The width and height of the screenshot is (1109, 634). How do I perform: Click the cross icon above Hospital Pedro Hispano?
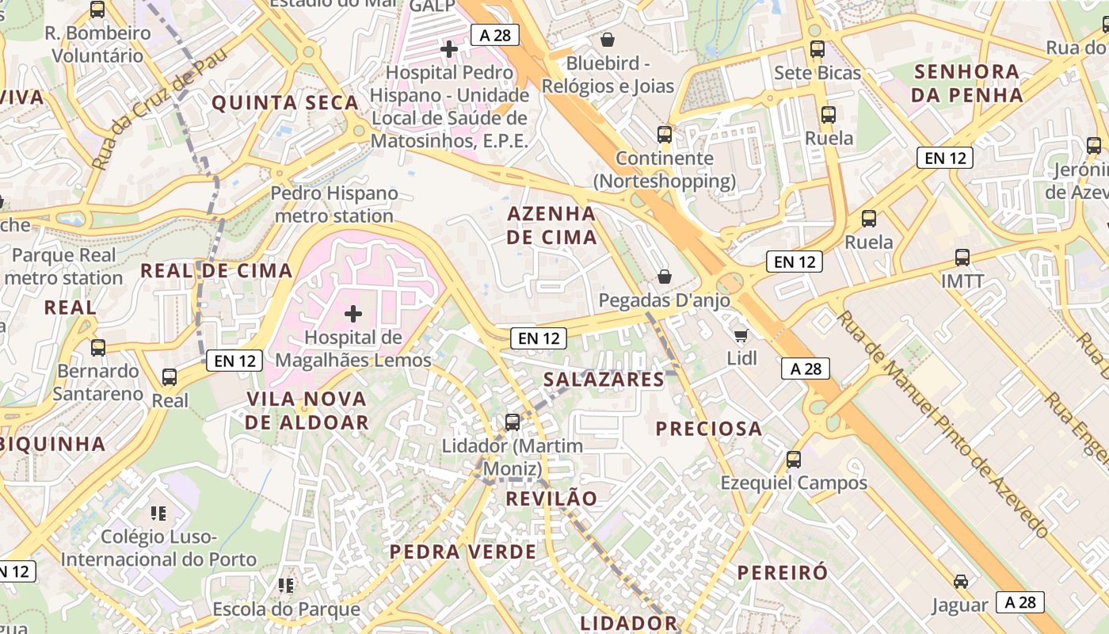(449, 49)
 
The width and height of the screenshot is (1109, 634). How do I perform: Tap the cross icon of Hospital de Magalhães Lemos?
(353, 315)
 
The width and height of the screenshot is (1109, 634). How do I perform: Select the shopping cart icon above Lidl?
(741, 336)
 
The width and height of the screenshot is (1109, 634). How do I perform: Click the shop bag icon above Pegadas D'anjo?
(665, 277)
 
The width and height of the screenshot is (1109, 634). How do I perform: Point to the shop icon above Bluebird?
(608, 39)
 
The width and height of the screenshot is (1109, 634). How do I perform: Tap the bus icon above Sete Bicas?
(817, 49)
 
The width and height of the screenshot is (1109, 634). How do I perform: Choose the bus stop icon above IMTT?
(962, 258)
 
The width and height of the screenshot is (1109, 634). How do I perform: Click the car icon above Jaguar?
(961, 582)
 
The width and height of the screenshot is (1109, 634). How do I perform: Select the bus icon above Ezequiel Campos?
(794, 460)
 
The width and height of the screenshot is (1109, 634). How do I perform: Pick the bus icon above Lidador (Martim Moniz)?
(513, 422)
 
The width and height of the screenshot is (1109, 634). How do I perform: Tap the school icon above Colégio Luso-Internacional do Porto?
(158, 514)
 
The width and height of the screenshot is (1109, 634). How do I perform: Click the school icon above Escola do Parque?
(286, 586)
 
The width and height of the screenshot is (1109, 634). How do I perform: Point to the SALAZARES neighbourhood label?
(604, 380)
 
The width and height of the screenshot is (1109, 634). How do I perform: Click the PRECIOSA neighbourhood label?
(709, 429)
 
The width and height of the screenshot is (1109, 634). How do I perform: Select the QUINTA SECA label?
(285, 102)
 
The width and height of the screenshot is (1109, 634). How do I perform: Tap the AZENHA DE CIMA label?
(551, 225)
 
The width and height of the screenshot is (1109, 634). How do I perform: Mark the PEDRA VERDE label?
(463, 552)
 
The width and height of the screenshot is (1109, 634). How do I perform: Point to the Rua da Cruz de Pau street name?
(159, 109)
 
